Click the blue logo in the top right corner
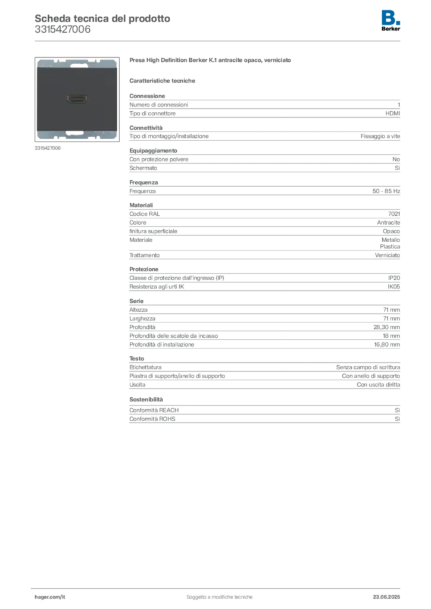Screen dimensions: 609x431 (391, 17)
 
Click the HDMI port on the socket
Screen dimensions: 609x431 (77, 98)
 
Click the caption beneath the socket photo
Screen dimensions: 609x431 (48, 148)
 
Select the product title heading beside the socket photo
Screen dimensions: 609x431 (211, 61)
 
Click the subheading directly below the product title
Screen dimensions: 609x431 (164, 81)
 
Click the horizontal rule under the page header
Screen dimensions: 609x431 (219, 40)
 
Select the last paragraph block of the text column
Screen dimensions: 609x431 (264, 416)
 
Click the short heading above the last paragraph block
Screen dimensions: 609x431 (145, 400)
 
